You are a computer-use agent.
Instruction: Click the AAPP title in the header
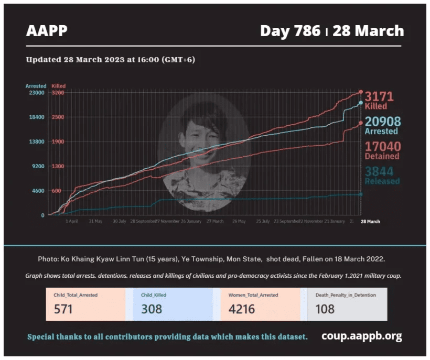[47, 31]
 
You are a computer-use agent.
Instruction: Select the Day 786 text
[290, 31]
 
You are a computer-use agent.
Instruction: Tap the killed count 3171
[379, 96]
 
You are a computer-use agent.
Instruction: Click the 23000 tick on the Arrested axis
[36, 93]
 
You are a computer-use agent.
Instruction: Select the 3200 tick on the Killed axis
[58, 93]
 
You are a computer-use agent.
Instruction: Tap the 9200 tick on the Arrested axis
[36, 166]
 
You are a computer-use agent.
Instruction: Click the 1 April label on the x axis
[72, 221]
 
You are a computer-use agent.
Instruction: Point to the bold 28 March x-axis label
[370, 221]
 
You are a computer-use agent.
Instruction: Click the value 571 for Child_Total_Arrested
[63, 309]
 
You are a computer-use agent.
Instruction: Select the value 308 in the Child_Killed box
[152, 309]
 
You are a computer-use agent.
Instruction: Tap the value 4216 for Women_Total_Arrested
[242, 309]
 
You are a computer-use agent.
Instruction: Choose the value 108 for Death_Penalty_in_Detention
[325, 309]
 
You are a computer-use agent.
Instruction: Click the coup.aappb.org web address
[362, 336]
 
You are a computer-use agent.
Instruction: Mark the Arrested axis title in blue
[36, 86]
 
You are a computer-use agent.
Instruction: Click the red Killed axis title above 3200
[59, 86]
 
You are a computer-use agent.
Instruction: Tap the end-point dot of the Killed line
[361, 92]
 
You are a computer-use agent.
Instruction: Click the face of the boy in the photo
[200, 136]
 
